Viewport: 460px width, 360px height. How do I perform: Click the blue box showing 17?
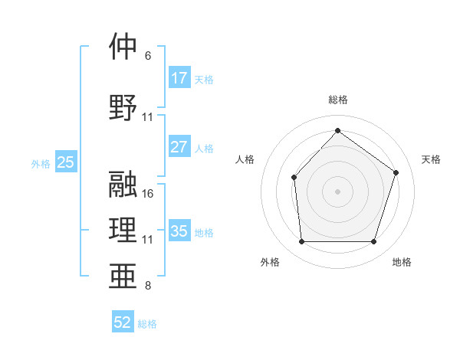tap(179, 78)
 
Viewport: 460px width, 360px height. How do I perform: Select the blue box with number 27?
tap(179, 147)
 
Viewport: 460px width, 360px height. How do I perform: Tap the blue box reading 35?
tap(179, 231)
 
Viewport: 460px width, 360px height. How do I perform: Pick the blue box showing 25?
tap(66, 162)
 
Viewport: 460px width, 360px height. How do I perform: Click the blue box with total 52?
tap(123, 323)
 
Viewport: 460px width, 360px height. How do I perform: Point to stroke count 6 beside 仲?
tap(148, 56)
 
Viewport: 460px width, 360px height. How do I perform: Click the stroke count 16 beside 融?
tap(148, 194)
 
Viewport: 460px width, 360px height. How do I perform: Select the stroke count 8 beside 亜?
tap(148, 286)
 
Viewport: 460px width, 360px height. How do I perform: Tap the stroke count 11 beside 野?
tap(148, 117)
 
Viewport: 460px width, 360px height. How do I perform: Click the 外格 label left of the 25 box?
tap(41, 163)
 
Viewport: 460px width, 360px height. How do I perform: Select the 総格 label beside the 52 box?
tap(147, 324)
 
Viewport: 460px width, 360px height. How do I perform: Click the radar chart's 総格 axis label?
tap(337, 100)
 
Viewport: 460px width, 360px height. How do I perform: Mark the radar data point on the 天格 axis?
tap(396, 172)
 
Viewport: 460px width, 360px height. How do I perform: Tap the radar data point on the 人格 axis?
tap(294, 178)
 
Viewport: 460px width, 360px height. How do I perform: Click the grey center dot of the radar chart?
tap(337, 191)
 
